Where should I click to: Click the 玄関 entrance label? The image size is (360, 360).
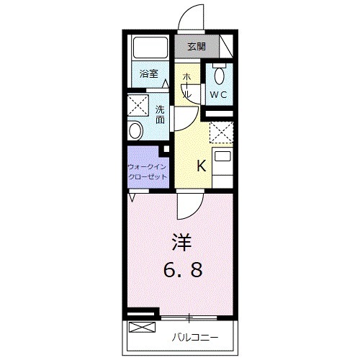point(196,47)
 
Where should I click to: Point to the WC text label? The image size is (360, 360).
point(219,94)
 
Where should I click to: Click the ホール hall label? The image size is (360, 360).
point(186,86)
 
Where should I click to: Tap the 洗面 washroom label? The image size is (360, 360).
point(160,114)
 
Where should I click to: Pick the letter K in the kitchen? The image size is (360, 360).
point(202,166)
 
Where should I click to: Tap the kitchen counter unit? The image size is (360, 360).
point(222,162)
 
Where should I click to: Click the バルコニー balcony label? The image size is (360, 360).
point(194,336)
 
